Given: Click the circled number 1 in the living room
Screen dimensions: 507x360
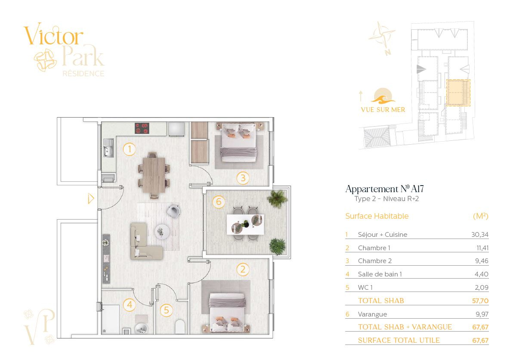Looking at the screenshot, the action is tap(130, 149).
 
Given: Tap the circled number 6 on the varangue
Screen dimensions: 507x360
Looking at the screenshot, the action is tap(219, 202).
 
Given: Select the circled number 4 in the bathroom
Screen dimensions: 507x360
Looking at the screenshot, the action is tap(130, 304).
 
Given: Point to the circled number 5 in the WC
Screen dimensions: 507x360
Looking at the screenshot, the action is tap(166, 310).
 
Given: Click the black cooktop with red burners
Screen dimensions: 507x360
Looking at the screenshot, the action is tap(142, 128).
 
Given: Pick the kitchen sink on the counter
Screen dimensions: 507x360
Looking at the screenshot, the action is tap(108, 148).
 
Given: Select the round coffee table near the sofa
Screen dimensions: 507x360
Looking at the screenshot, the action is tap(162, 232).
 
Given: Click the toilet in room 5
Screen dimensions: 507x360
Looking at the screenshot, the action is tap(180, 327).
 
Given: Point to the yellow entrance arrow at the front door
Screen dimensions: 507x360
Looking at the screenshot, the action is tap(91, 198).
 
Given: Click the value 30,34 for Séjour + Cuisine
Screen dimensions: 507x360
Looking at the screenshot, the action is tap(479, 235).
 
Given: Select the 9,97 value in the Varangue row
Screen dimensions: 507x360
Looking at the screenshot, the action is tap(482, 314).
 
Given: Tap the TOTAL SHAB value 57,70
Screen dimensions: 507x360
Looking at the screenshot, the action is tap(480, 301).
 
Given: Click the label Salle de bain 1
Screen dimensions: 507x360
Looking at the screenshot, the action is tap(380, 274).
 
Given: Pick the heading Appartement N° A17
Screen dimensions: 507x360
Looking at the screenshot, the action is tap(384, 189).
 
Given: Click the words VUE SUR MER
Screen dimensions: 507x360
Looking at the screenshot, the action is tap(383, 110).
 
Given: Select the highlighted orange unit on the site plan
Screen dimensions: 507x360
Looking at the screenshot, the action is tap(458, 93).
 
